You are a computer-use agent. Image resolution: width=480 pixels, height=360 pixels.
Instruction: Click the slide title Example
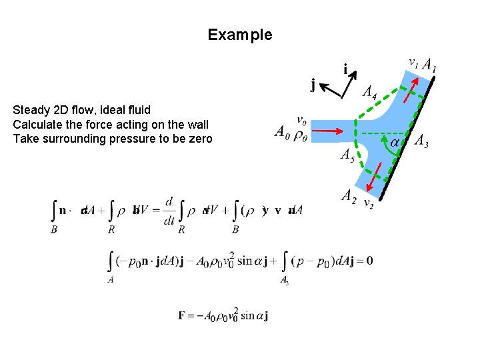click(x=240, y=35)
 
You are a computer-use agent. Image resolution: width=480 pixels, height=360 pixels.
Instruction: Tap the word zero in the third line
click(x=201, y=139)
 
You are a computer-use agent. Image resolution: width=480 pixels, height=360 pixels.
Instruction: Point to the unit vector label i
click(x=345, y=69)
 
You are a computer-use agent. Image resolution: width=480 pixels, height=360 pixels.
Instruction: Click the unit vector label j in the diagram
click(x=313, y=84)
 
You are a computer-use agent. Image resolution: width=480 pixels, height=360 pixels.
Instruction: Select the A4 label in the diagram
click(x=369, y=92)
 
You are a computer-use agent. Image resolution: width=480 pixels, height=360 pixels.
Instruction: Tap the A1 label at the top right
click(x=430, y=65)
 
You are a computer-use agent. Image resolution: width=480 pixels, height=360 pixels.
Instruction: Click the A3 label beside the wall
click(x=421, y=140)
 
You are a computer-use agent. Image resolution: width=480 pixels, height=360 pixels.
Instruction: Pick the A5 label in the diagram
click(x=347, y=155)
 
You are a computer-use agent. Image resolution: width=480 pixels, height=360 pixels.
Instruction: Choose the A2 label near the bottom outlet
click(x=348, y=195)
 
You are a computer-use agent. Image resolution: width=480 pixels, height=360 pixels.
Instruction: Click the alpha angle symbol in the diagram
click(x=395, y=142)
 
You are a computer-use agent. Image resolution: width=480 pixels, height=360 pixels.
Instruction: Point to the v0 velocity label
click(x=301, y=121)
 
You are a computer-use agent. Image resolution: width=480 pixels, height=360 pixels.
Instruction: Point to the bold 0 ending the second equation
click(x=369, y=260)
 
